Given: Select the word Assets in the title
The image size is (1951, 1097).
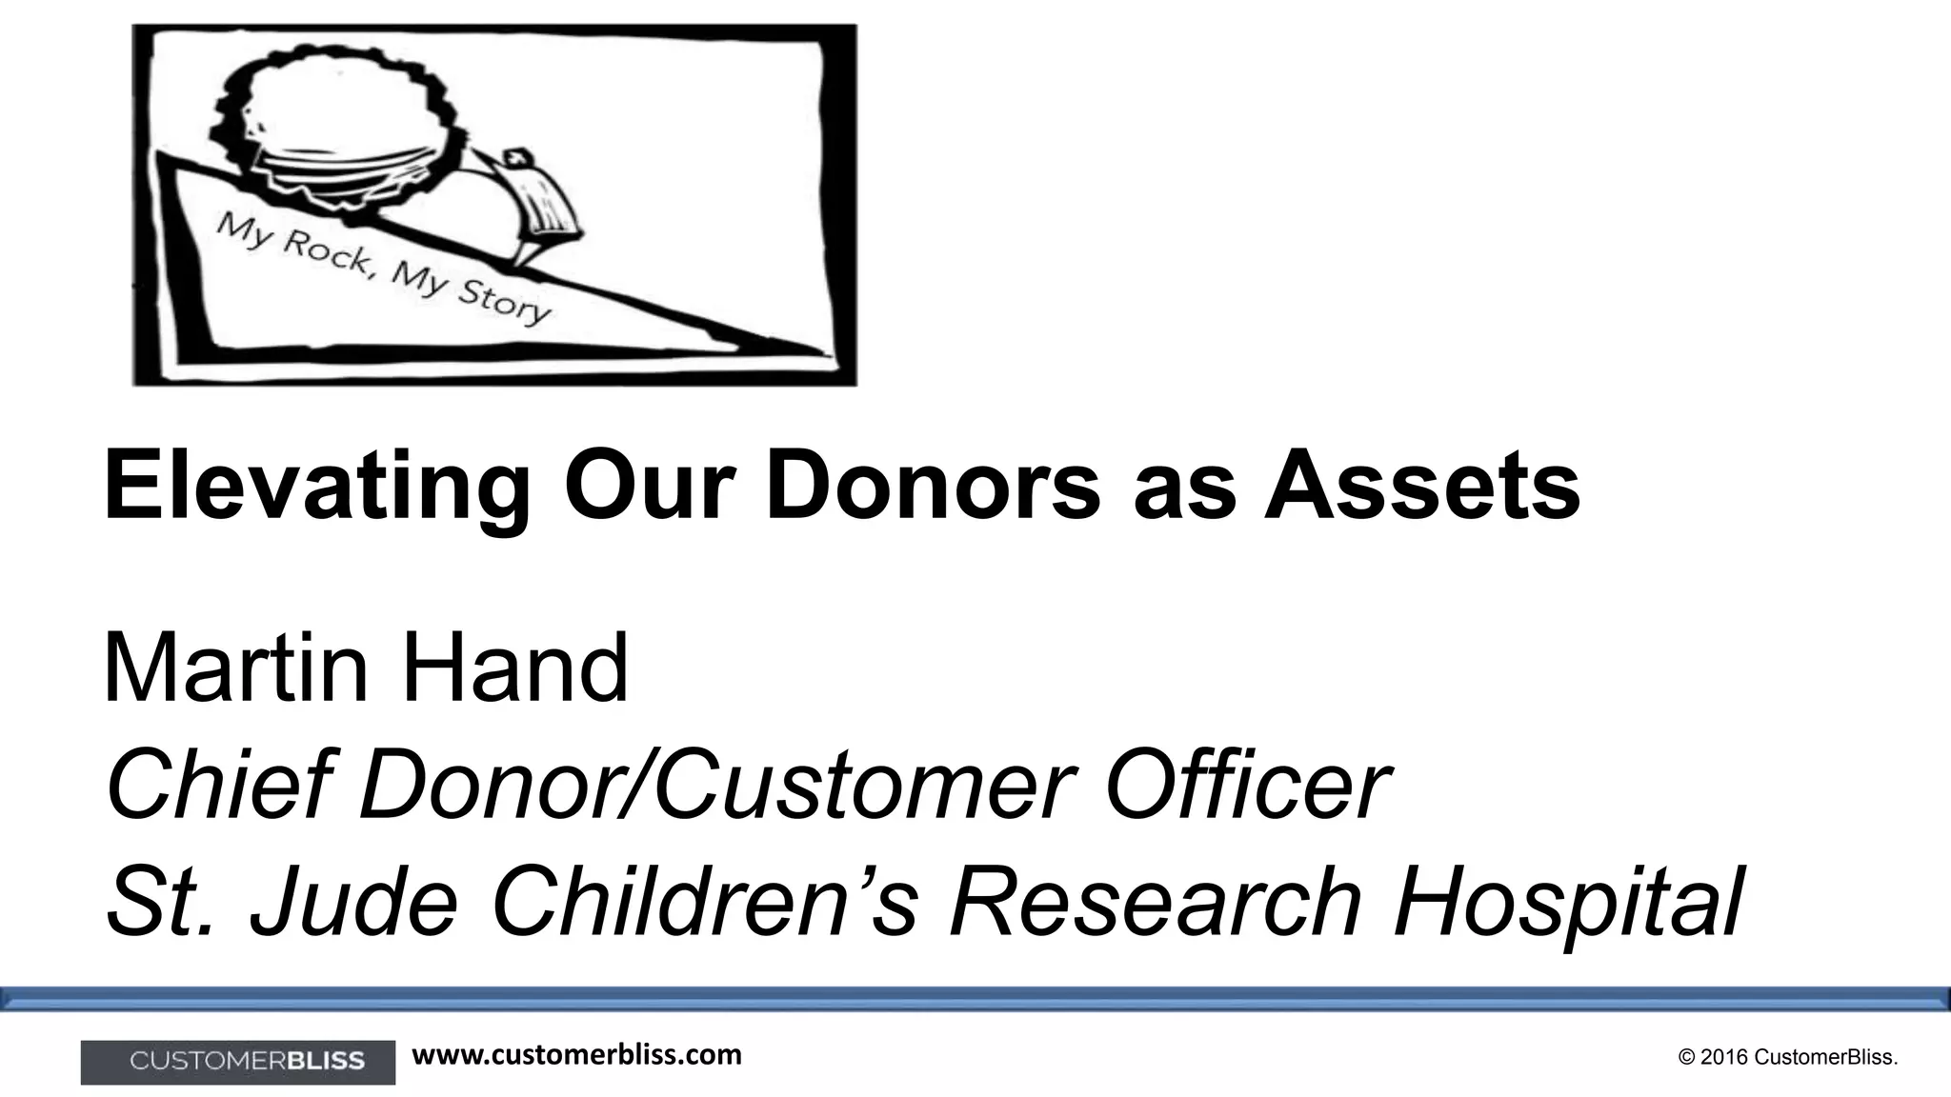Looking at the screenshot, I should pyautogui.click(x=1421, y=488).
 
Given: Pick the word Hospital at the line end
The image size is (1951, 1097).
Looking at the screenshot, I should pyautogui.click(x=1568, y=901).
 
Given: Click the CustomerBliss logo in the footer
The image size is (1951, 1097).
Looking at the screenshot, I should pyautogui.click(x=238, y=1062).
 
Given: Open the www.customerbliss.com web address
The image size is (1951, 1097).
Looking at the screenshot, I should pyautogui.click(x=576, y=1055).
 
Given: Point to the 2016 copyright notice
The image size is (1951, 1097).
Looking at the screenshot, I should pyautogui.click(x=1788, y=1058).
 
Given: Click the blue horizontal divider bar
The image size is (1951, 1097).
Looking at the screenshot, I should pyautogui.click(x=975, y=998).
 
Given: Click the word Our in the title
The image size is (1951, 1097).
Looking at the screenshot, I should pyautogui.click(x=656, y=488).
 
